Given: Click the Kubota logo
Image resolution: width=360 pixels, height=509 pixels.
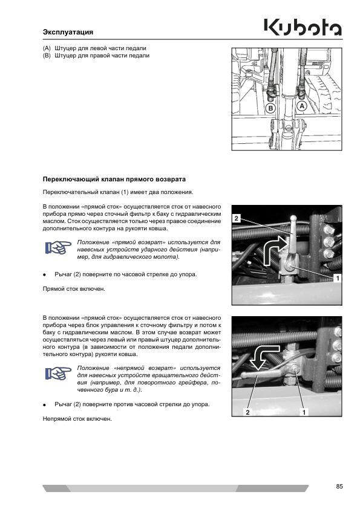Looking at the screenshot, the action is pyautogui.click(x=303, y=28).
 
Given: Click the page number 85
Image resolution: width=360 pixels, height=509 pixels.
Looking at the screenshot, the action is pyautogui.click(x=339, y=486).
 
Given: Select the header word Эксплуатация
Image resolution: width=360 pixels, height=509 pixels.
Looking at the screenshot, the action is pyautogui.click(x=68, y=32).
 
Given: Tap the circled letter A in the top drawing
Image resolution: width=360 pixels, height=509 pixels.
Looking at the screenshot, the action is pyautogui.click(x=302, y=106).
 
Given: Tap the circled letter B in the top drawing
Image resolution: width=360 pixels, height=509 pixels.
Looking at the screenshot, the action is pyautogui.click(x=270, y=108).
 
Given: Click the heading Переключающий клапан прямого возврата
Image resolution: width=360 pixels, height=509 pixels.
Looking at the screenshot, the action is pyautogui.click(x=114, y=179).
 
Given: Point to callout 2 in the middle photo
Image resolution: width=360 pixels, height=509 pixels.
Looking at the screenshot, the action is pyautogui.click(x=237, y=218).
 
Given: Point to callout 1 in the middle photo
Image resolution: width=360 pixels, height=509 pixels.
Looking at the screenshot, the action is pyautogui.click(x=338, y=278).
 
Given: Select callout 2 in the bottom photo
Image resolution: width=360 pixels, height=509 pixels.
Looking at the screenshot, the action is pyautogui.click(x=247, y=412).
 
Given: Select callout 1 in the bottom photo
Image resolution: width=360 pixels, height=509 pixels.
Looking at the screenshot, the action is pyautogui.click(x=304, y=412).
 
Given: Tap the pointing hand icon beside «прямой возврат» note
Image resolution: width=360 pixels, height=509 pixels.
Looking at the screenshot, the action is pyautogui.click(x=58, y=248).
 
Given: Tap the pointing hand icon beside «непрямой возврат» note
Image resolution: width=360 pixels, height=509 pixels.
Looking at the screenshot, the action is pyautogui.click(x=58, y=374).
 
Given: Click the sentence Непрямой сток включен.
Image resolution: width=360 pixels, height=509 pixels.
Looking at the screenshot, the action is pyautogui.click(x=77, y=419).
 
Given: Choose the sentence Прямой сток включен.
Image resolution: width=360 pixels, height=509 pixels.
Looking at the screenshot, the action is pyautogui.click(x=74, y=288).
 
